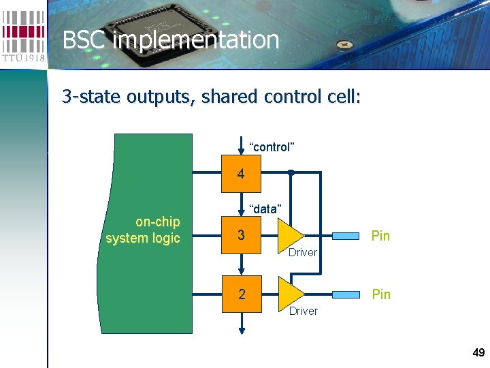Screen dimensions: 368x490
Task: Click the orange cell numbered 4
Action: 241,174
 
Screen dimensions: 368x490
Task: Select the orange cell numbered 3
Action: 241,236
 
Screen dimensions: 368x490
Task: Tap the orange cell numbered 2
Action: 241,294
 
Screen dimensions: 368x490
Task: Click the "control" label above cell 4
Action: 272,147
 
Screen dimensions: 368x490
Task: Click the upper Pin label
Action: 380,236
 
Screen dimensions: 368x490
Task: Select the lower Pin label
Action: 380,294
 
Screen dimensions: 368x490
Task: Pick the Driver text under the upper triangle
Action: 303,253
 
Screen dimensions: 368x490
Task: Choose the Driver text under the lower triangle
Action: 303,311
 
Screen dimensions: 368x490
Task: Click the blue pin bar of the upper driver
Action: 345,236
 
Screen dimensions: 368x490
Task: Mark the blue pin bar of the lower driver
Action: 345,294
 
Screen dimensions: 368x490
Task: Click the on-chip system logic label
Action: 144,230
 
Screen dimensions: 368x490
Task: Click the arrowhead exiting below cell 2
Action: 241,330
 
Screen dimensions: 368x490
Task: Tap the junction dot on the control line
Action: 290,172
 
